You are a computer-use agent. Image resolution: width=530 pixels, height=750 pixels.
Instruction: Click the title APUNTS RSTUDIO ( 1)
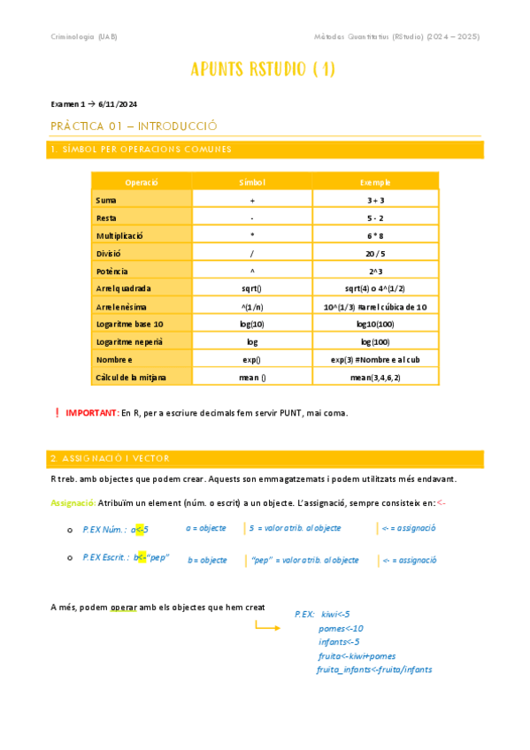click(263, 70)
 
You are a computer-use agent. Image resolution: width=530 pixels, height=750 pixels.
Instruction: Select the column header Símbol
click(252, 181)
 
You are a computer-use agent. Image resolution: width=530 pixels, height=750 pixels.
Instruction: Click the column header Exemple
click(375, 181)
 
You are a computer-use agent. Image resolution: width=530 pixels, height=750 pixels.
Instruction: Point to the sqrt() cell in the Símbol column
click(252, 288)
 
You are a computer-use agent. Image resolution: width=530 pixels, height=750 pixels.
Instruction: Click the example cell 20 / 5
click(375, 253)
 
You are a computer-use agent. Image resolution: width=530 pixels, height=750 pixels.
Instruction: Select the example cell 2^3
click(375, 271)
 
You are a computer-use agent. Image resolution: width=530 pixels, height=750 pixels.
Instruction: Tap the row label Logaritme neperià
click(129, 341)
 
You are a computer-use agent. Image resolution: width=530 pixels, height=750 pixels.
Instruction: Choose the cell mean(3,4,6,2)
click(375, 377)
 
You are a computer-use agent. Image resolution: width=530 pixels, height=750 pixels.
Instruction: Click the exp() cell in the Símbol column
click(252, 359)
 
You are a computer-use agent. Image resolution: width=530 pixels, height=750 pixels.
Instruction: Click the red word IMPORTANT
click(92, 413)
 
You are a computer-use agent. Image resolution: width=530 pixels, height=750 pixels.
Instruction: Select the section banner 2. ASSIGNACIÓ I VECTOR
click(111, 458)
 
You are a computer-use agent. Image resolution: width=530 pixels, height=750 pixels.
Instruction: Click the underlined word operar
click(123, 608)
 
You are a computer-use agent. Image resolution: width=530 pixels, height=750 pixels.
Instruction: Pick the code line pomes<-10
click(341, 628)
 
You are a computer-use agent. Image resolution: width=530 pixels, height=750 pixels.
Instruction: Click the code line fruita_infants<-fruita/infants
click(374, 670)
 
